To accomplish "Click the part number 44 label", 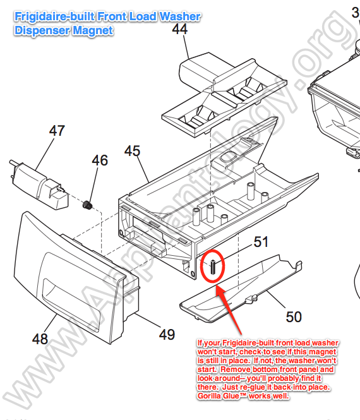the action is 180,29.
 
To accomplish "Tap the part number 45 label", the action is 132,151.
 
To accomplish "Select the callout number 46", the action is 100,160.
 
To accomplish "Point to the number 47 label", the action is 57,131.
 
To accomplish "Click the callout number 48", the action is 40,339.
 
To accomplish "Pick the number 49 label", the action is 167,334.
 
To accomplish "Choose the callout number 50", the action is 294,317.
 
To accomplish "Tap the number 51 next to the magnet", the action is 261,242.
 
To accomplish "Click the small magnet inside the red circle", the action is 213,267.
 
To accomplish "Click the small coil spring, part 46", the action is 87,205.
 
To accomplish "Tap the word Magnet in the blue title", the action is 93,30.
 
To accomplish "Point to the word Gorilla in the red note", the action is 210,395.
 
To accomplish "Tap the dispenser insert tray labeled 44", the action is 224,97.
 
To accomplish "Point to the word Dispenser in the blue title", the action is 42,30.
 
